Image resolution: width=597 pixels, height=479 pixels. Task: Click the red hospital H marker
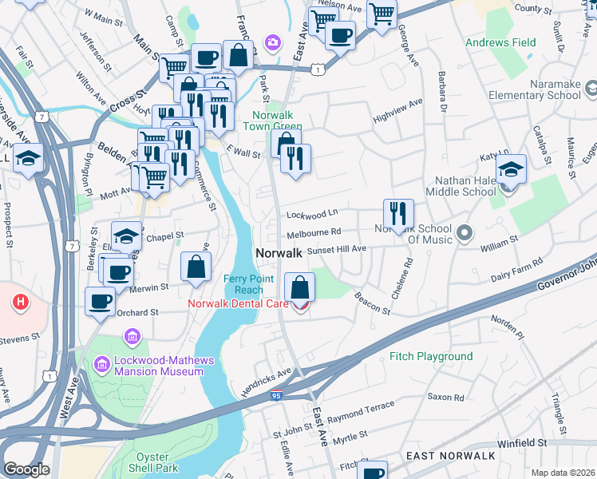pyautogui.click(x=20, y=303)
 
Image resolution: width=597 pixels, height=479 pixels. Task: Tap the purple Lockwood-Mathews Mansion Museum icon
pyautogui.click(x=102, y=365)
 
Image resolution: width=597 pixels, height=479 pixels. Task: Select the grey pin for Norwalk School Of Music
pyautogui.click(x=465, y=234)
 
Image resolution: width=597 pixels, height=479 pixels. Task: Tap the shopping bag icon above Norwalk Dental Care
pyautogui.click(x=299, y=287)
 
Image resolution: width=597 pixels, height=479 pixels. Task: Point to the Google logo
pyautogui.click(x=26, y=469)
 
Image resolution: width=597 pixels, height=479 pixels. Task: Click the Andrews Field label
pyautogui.click(x=500, y=42)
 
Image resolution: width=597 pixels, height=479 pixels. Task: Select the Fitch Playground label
pyautogui.click(x=431, y=356)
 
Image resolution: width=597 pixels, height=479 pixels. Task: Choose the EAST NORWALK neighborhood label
pyautogui.click(x=452, y=455)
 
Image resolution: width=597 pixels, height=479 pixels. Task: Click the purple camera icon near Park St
pyautogui.click(x=273, y=42)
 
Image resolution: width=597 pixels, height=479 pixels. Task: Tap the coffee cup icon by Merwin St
pyautogui.click(x=117, y=271)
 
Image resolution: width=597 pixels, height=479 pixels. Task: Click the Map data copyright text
pyautogui.click(x=563, y=473)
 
